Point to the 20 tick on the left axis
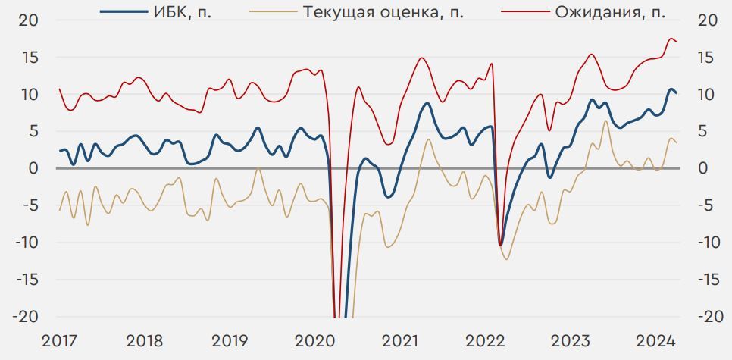[x=29, y=20]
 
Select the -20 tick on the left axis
[x=26, y=316]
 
